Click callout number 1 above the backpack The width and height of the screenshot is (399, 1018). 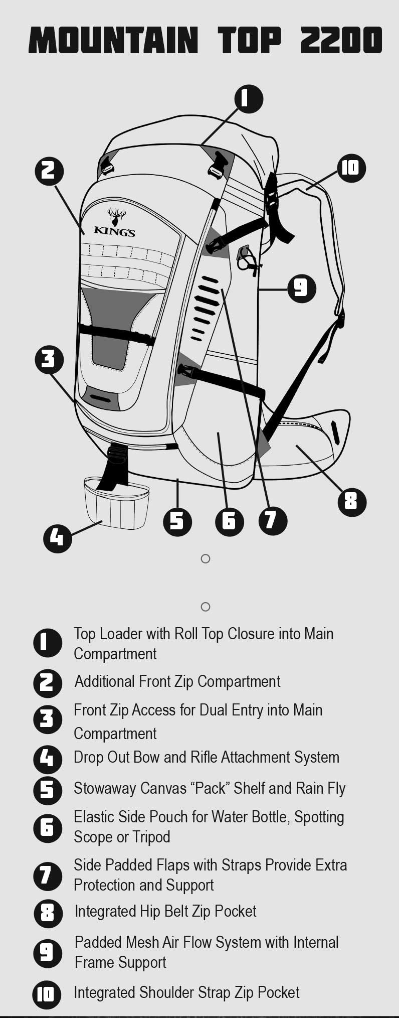pyautogui.click(x=249, y=98)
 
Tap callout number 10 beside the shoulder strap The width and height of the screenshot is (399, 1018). pyautogui.click(x=351, y=168)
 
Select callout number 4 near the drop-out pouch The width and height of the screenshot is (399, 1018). pyautogui.click(x=57, y=538)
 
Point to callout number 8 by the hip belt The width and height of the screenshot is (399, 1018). pyautogui.click(x=351, y=501)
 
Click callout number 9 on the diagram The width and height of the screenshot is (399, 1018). pyautogui.click(x=301, y=288)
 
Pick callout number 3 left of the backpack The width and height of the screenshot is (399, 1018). pyautogui.click(x=49, y=359)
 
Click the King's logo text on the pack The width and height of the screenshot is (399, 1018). pyautogui.click(x=114, y=232)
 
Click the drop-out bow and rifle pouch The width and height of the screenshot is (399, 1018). pyautogui.click(x=117, y=502)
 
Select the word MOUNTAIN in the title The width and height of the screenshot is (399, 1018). pyautogui.click(x=113, y=40)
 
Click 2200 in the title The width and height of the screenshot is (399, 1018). pyautogui.click(x=341, y=40)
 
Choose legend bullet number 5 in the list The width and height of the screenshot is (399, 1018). pyautogui.click(x=47, y=790)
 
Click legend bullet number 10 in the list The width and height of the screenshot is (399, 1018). pyautogui.click(x=47, y=994)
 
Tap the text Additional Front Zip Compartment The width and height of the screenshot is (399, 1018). pyautogui.click(x=177, y=681)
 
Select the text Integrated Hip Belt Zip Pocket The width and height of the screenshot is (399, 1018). pyautogui.click(x=165, y=911)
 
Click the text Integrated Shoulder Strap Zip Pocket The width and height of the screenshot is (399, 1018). pyautogui.click(x=186, y=992)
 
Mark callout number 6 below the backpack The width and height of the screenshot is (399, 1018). pyautogui.click(x=229, y=521)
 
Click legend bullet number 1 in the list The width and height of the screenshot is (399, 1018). pyautogui.click(x=47, y=643)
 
